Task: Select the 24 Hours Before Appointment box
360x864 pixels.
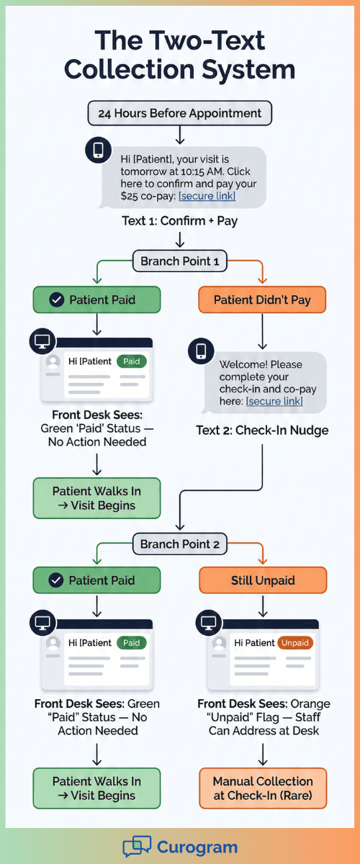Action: pyautogui.click(x=179, y=113)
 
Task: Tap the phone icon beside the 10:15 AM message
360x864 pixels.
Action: pyautogui.click(x=98, y=150)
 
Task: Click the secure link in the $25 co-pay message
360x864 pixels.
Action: pyautogui.click(x=207, y=196)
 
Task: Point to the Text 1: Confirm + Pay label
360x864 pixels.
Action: pyautogui.click(x=179, y=220)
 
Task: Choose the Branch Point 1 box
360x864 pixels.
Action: pyautogui.click(x=179, y=261)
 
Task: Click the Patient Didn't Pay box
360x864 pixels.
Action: pyautogui.click(x=262, y=299)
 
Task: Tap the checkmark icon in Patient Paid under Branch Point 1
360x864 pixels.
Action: pyautogui.click(x=56, y=299)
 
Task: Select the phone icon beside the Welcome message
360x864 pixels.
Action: pyautogui.click(x=201, y=351)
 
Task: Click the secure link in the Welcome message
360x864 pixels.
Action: pyautogui.click(x=274, y=401)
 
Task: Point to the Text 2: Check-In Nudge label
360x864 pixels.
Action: pyautogui.click(x=262, y=431)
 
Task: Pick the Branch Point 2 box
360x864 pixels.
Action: pyautogui.click(x=179, y=544)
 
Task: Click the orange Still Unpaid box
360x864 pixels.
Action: pyautogui.click(x=262, y=580)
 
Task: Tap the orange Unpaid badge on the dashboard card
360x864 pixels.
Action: pyautogui.click(x=295, y=643)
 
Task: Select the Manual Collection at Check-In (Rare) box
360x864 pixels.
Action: pyautogui.click(x=262, y=788)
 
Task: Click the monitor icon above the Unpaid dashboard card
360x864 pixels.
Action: pyautogui.click(x=209, y=621)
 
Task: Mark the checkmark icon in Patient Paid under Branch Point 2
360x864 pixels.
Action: pyautogui.click(x=56, y=580)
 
